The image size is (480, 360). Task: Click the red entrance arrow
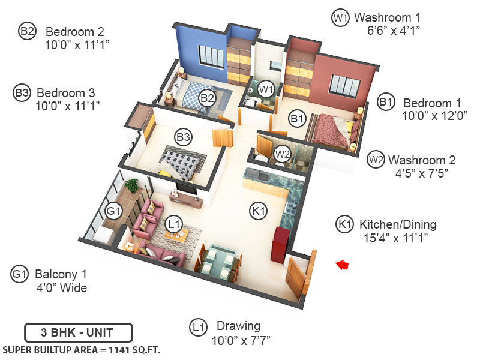point(342,265)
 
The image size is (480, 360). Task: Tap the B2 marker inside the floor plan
point(207,98)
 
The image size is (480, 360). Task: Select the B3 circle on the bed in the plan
point(183,137)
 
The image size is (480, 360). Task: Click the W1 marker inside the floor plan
point(266,89)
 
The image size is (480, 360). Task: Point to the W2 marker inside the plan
point(282,154)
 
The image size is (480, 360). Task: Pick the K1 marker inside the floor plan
point(258,211)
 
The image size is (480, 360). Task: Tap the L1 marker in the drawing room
point(174,224)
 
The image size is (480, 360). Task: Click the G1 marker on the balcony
point(113,211)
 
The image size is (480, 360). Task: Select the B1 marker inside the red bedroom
point(297,119)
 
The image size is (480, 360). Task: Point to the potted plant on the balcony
point(131,185)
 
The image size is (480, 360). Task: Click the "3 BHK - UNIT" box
point(78,331)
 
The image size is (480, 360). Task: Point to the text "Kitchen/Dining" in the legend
point(398,225)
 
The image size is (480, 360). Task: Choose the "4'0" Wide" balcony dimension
point(61,288)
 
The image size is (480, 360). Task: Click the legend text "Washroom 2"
point(422,160)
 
